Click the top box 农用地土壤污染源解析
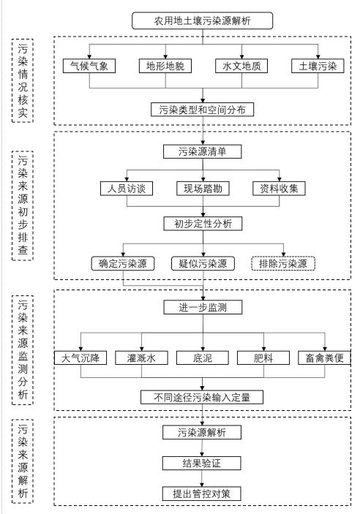click(x=202, y=20)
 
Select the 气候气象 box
click(x=89, y=66)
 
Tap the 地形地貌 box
click(x=165, y=66)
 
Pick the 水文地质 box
click(x=241, y=66)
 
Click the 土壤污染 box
click(x=318, y=66)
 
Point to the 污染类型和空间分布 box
click(x=203, y=110)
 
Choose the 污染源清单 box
click(x=203, y=151)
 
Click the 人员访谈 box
click(x=127, y=189)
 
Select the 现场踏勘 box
click(x=203, y=189)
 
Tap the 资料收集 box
click(x=279, y=189)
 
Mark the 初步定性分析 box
click(x=203, y=224)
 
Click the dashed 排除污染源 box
click(x=283, y=263)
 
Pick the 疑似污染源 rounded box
click(x=203, y=263)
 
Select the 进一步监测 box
click(x=203, y=308)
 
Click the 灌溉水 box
click(x=141, y=358)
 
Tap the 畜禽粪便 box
click(x=324, y=358)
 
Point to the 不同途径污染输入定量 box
click(x=202, y=397)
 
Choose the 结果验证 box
click(x=202, y=464)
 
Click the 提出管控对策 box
click(x=202, y=494)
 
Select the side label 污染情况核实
click(x=23, y=80)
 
